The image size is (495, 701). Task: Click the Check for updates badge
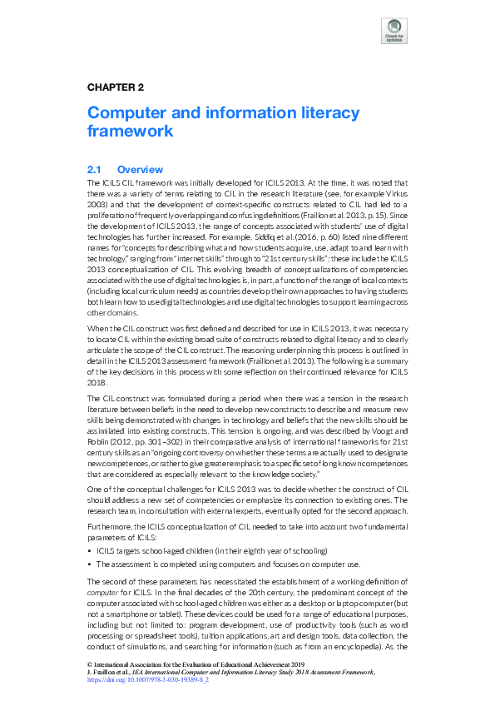tap(394, 31)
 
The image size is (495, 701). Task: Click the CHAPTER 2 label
tap(116, 87)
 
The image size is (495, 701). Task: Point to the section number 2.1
tap(94, 170)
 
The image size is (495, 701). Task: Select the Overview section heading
tap(140, 170)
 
